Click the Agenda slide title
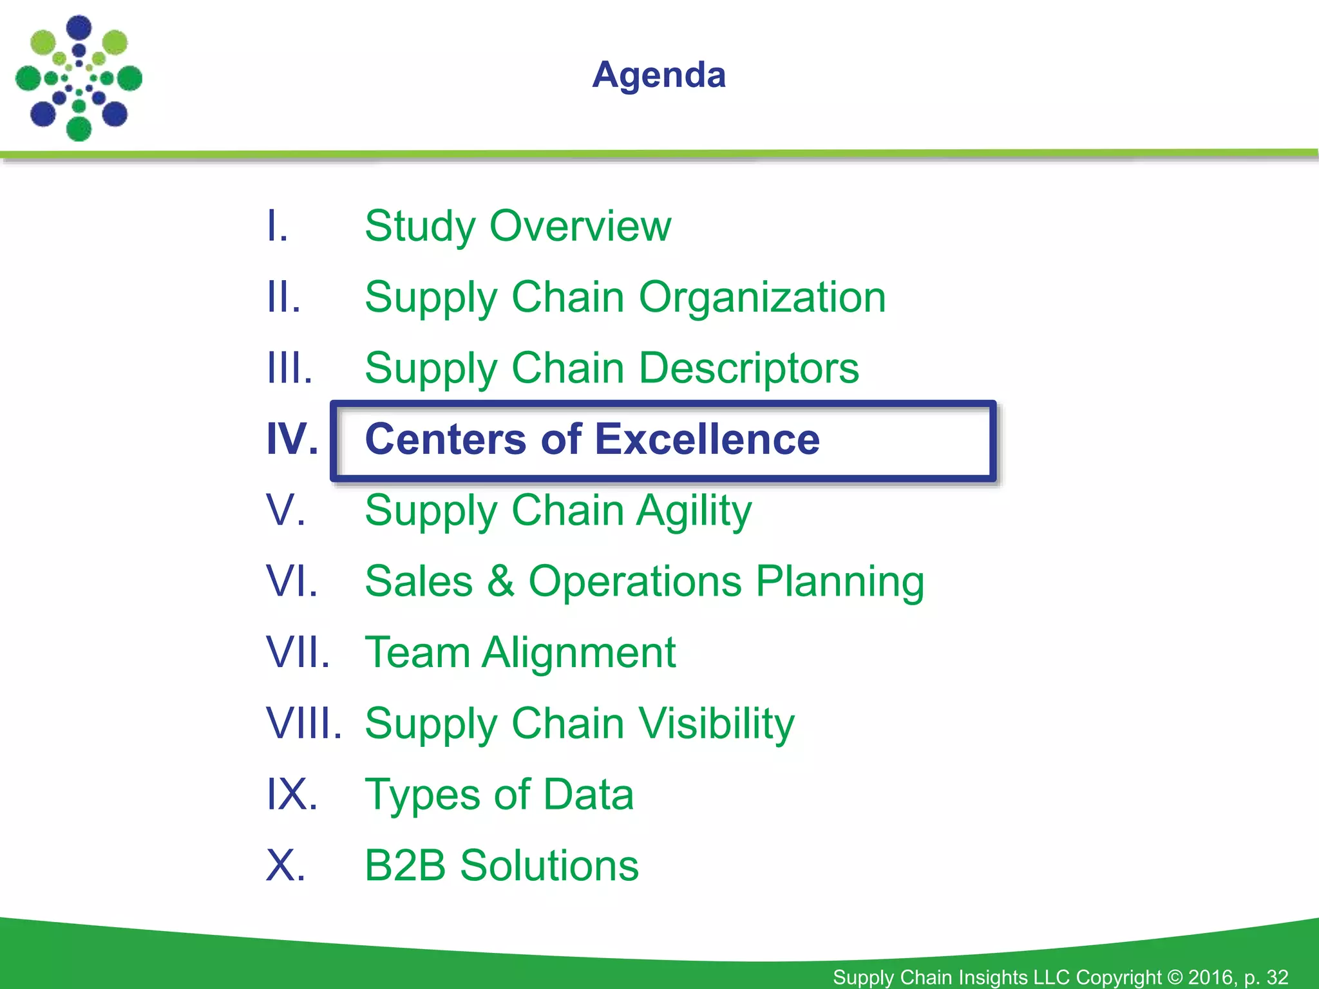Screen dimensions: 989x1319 click(x=659, y=75)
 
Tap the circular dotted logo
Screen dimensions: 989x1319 click(x=79, y=79)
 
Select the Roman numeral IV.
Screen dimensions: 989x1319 click(x=292, y=440)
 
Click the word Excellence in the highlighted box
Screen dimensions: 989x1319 click(x=707, y=440)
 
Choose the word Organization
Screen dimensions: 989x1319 click(x=762, y=297)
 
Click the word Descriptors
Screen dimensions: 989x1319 click(x=748, y=368)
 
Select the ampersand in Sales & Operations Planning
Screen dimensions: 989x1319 click(x=500, y=581)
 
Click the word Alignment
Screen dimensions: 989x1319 click(x=579, y=653)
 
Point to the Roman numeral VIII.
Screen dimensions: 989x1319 click(x=303, y=724)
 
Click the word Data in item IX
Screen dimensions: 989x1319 click(x=588, y=795)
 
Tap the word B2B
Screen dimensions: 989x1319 click(x=405, y=865)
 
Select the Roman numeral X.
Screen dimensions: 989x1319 click(x=285, y=865)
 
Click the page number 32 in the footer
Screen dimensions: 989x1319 click(x=1276, y=977)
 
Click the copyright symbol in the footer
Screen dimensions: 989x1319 click(x=1175, y=977)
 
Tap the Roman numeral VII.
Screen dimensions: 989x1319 click(x=298, y=653)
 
